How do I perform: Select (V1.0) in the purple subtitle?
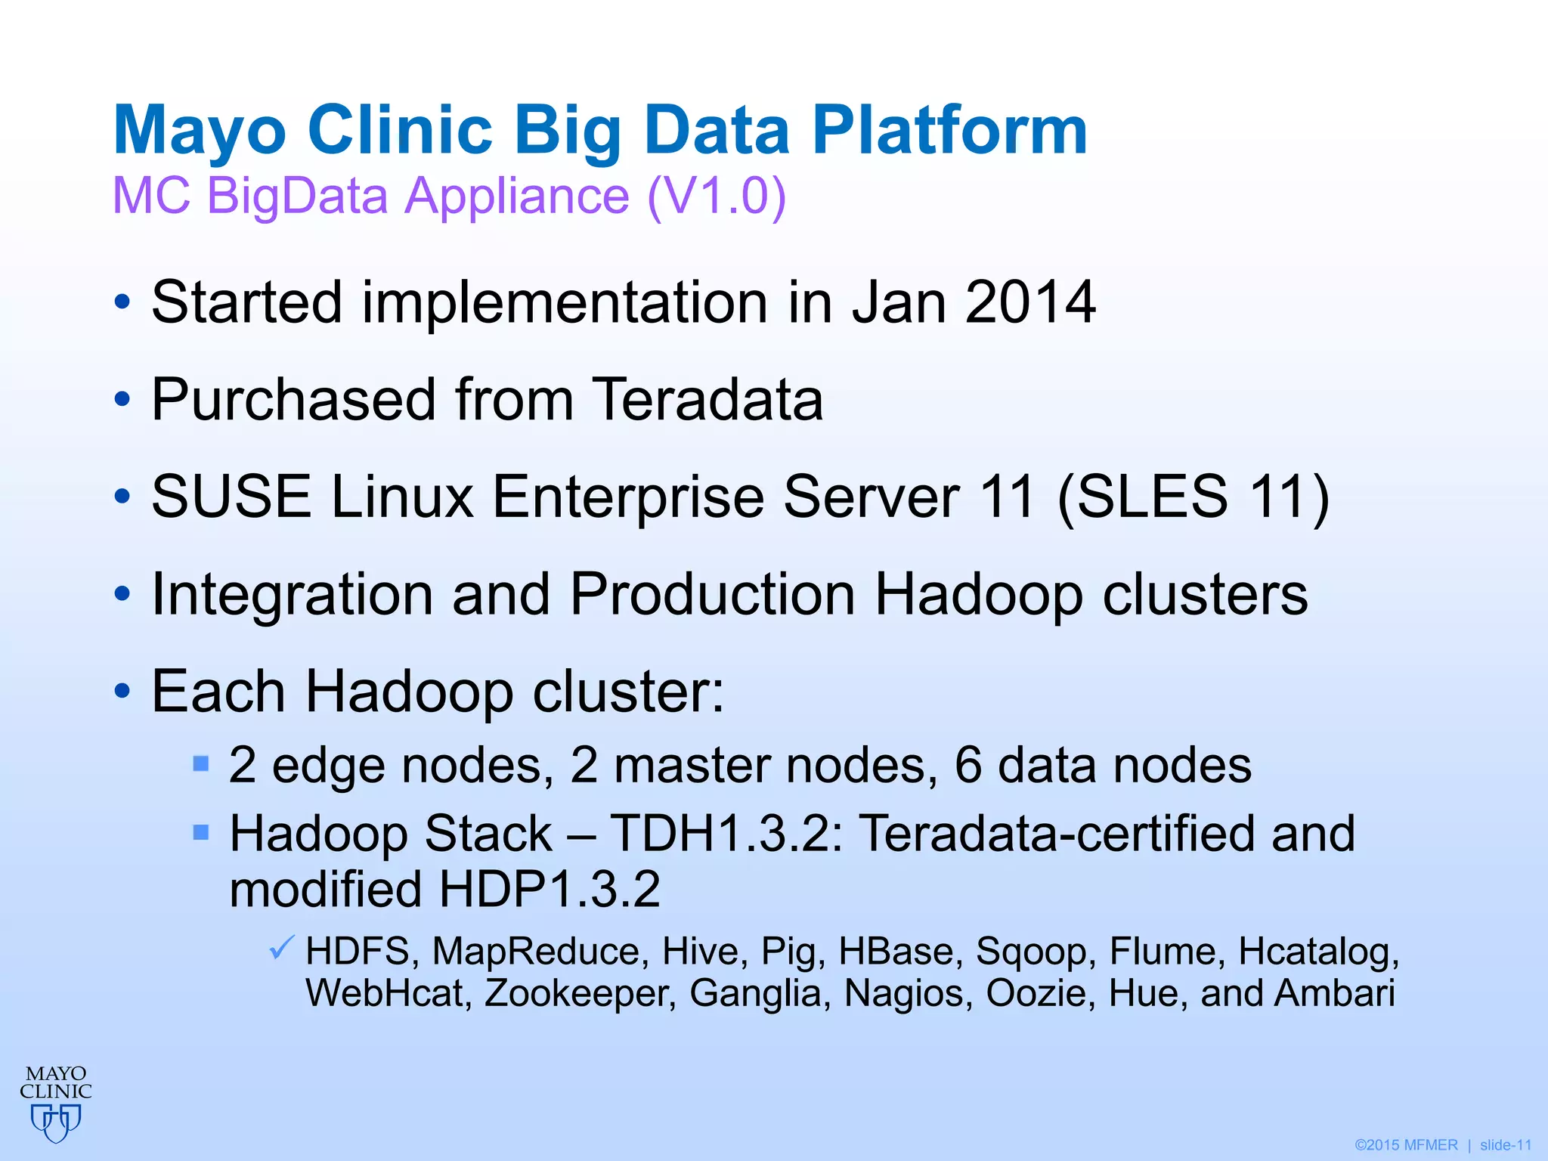[x=717, y=196]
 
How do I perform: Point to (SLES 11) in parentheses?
[x=1193, y=497]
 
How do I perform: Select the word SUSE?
[x=231, y=497]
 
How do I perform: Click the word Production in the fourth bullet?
[x=712, y=594]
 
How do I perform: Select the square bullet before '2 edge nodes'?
[x=201, y=763]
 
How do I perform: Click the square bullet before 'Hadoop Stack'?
[x=201, y=832]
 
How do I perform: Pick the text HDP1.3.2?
[x=550, y=889]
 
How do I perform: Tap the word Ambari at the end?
[x=1334, y=993]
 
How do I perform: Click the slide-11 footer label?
[x=1506, y=1145]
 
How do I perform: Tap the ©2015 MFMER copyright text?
[x=1406, y=1145]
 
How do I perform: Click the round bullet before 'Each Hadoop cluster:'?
[x=122, y=692]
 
